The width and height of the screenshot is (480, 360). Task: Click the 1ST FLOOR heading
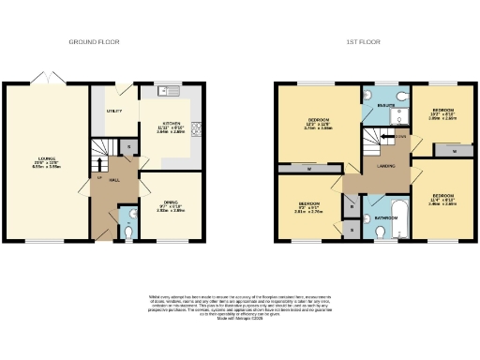[x=361, y=43]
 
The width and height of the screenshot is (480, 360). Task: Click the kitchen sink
[x=169, y=91]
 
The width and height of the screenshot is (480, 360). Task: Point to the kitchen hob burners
[x=197, y=128]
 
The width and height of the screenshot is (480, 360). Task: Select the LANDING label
[x=386, y=166]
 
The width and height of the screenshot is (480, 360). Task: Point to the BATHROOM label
[x=386, y=218]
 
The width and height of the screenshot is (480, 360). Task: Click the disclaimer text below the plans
[x=241, y=308]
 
